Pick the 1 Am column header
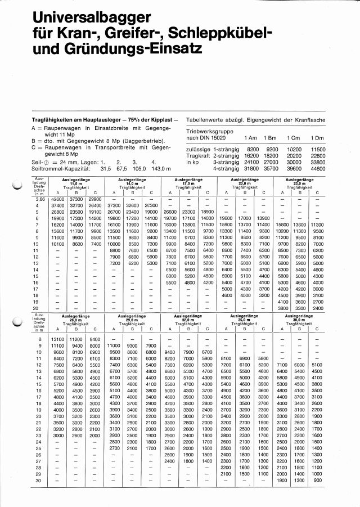[250, 138]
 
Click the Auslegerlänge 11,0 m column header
[76, 181]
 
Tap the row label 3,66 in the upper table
[40, 199]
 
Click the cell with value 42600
[57, 199]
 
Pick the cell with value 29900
[94, 199]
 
